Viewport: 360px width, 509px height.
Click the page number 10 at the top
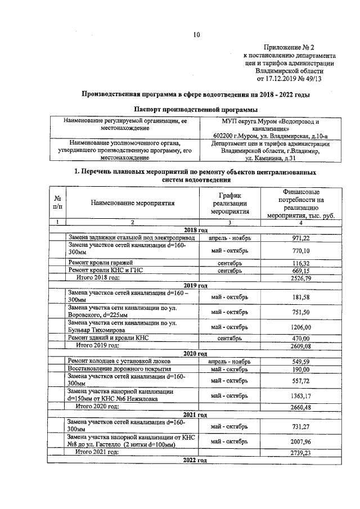pyautogui.click(x=197, y=35)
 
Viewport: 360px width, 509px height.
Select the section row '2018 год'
pyautogui.click(x=196, y=231)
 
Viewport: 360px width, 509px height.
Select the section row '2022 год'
pyautogui.click(x=195, y=461)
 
